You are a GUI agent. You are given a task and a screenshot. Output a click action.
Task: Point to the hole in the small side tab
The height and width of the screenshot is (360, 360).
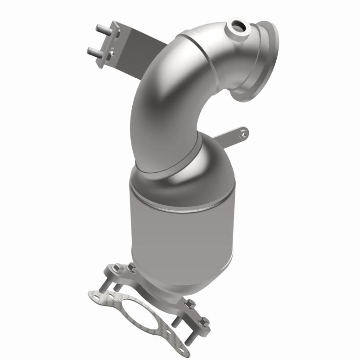(243, 132)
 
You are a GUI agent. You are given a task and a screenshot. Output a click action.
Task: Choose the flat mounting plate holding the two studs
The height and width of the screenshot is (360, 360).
(111, 43)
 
